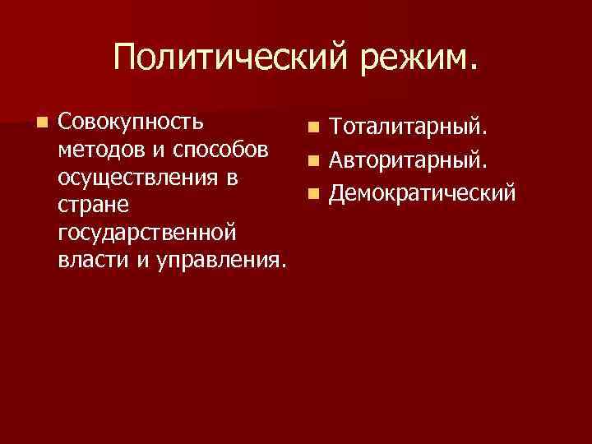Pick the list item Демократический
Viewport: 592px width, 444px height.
[x=423, y=193]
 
